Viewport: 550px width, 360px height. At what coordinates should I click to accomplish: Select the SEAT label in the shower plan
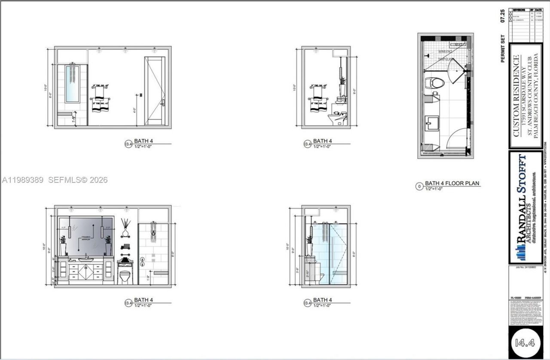(458, 44)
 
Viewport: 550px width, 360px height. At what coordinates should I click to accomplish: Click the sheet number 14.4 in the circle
(525, 342)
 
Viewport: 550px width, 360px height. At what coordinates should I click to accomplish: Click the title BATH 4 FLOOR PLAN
(452, 183)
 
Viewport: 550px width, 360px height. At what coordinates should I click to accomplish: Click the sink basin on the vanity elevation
(86, 259)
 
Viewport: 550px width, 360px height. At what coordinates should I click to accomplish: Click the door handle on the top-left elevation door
(163, 102)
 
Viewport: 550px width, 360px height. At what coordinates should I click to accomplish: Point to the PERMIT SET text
(503, 49)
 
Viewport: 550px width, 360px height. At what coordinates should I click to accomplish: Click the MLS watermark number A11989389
(23, 180)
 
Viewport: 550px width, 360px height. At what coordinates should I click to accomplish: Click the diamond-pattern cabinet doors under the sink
(86, 272)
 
